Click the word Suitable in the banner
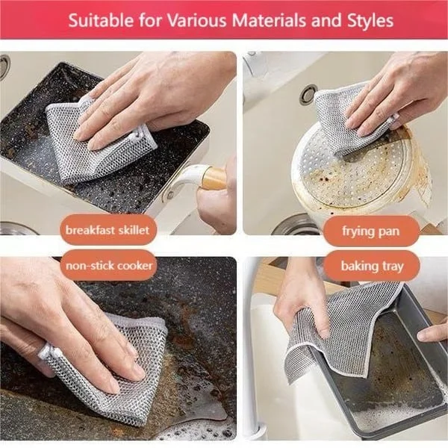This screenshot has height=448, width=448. (96, 19)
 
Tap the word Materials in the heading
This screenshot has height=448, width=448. (269, 19)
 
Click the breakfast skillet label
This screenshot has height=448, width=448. (109, 230)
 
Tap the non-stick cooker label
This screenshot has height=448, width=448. (109, 265)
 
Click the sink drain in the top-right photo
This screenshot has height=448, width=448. (308, 94)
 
